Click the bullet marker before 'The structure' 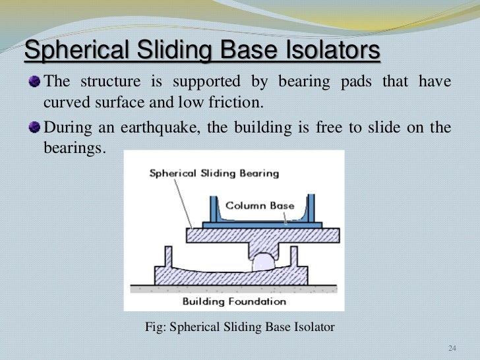34,82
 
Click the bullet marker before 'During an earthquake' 34,128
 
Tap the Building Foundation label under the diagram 234,301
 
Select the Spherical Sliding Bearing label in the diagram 214,174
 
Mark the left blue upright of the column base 213,210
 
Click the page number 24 452,348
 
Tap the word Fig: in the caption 155,325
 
